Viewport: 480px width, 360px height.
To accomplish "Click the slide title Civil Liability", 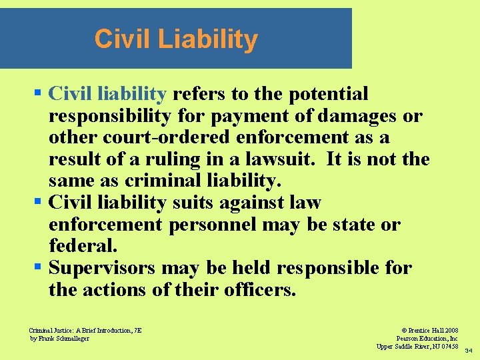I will (x=176, y=39).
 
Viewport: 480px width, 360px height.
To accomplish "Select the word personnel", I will (x=213, y=225).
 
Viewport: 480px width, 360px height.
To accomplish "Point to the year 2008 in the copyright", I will (x=449, y=330).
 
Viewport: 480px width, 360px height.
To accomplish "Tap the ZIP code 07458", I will (x=447, y=346).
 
